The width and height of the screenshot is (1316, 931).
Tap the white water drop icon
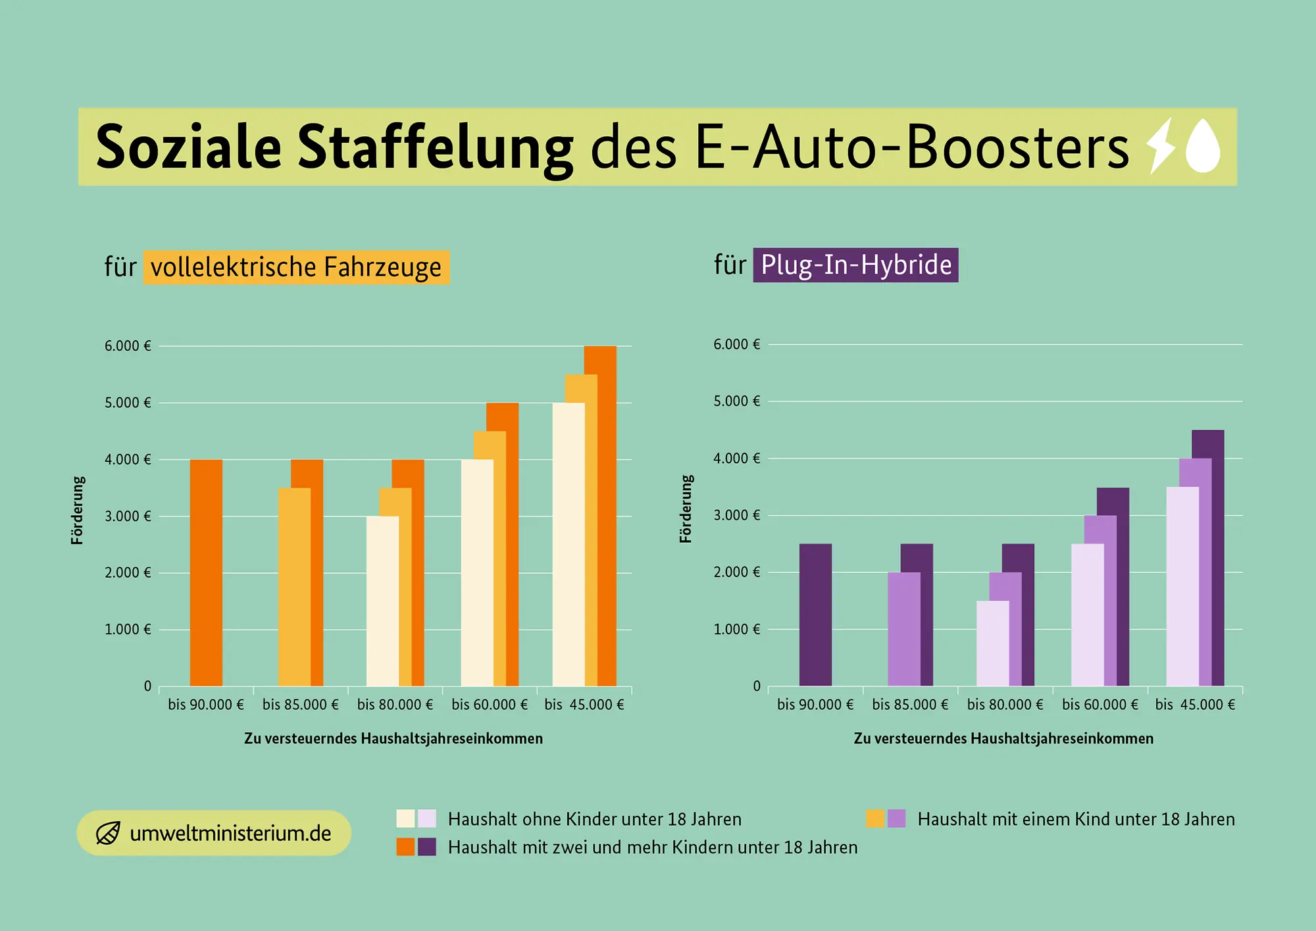pyautogui.click(x=1203, y=147)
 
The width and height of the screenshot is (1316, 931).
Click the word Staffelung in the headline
pyautogui.click(x=435, y=147)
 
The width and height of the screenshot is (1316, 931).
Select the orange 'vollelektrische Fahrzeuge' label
pyautogui.click(x=296, y=267)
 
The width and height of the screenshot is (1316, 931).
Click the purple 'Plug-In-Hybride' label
pyautogui.click(x=855, y=265)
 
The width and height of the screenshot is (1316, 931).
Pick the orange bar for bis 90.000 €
pyautogui.click(x=206, y=572)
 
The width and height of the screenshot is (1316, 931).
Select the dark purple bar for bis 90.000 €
pyautogui.click(x=815, y=615)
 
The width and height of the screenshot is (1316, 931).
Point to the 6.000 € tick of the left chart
pyautogui.click(x=128, y=346)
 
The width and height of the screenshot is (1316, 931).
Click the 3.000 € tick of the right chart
pyautogui.click(x=736, y=515)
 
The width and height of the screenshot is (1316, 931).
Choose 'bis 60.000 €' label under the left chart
pyautogui.click(x=490, y=705)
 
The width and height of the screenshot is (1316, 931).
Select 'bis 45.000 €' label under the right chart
pyautogui.click(x=1195, y=705)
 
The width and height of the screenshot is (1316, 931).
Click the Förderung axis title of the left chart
pyautogui.click(x=78, y=511)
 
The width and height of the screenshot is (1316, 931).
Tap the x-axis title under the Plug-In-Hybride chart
pyautogui.click(x=1003, y=738)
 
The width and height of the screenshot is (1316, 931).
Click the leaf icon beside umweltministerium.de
pyautogui.click(x=108, y=833)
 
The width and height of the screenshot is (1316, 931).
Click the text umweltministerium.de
pyautogui.click(x=230, y=834)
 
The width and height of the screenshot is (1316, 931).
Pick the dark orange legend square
pyautogui.click(x=405, y=847)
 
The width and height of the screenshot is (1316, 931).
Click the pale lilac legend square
pyautogui.click(x=427, y=818)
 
